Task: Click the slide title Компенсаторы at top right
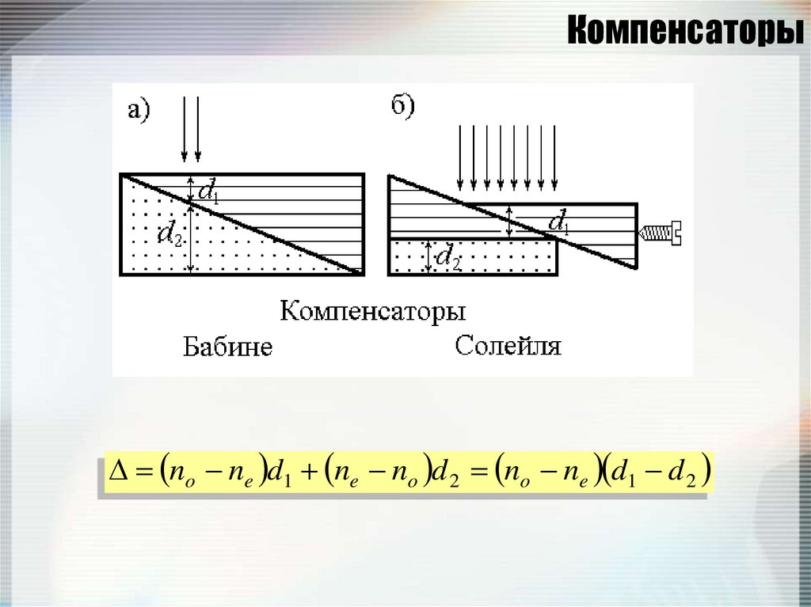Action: tap(683, 31)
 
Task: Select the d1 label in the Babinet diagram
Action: tap(208, 190)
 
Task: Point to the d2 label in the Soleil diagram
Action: tap(449, 256)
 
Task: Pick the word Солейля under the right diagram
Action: tap(508, 346)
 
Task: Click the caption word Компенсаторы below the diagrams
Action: tap(372, 309)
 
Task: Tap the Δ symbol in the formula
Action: tap(117, 476)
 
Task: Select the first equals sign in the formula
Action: tap(142, 476)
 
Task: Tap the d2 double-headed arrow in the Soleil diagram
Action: tap(428, 256)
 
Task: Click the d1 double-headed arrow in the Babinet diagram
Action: tap(190, 188)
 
